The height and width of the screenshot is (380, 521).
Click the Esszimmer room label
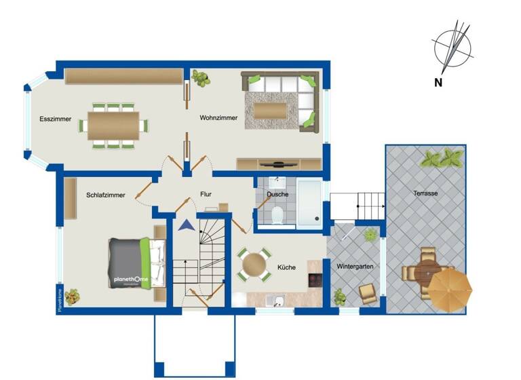(56, 119)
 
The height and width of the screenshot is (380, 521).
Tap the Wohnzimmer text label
(218, 118)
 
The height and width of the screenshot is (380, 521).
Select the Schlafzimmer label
(105, 195)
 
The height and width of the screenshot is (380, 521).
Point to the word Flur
(206, 194)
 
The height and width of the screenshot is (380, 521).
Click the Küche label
(286, 267)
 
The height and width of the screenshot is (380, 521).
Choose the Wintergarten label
(355, 267)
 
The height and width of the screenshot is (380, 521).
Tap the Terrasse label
(425, 193)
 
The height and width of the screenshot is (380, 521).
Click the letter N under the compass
(438, 83)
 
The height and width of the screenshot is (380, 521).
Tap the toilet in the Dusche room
(276, 216)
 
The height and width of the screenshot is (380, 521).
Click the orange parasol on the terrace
(450, 288)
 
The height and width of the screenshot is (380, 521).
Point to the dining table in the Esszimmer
(113, 126)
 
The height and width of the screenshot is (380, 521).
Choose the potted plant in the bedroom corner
(72, 296)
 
